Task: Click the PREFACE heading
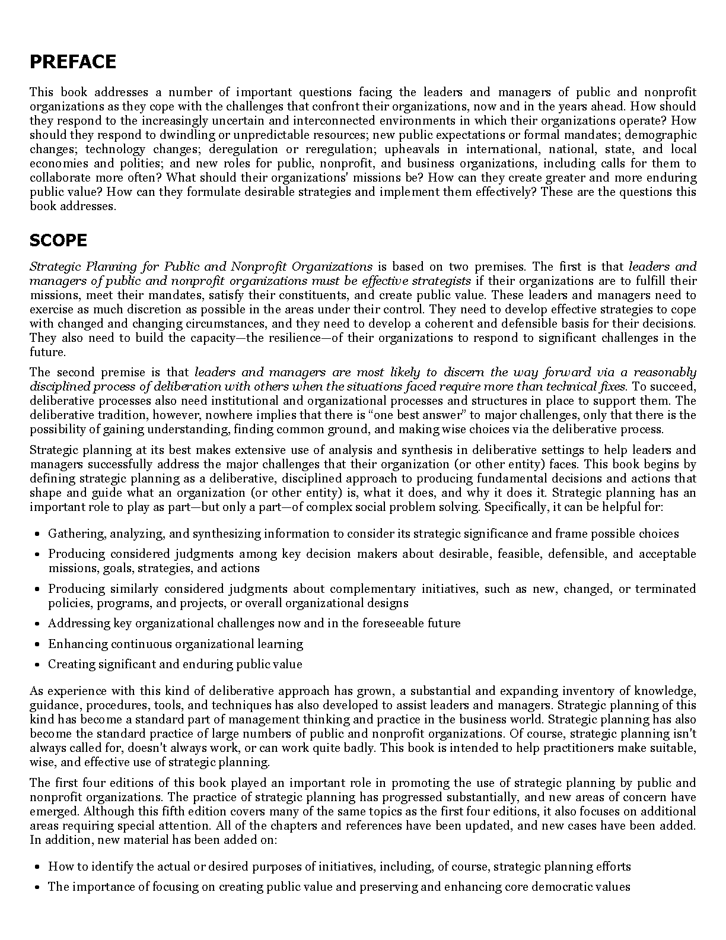(72, 62)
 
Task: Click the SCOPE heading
(58, 240)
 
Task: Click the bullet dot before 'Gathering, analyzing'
(37, 534)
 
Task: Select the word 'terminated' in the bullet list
(665, 589)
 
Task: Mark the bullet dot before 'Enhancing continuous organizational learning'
(37, 644)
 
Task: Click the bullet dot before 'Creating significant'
(37, 665)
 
